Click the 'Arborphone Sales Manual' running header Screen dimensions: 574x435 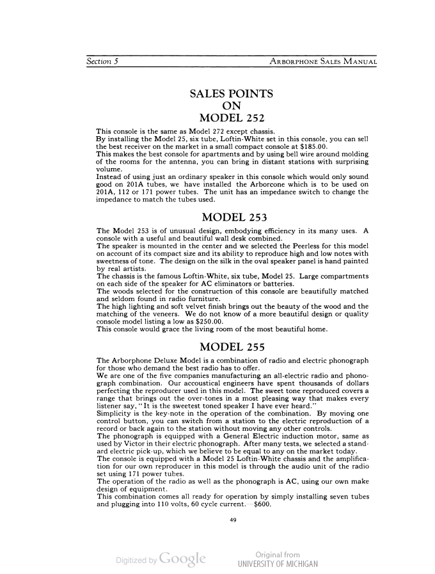tap(323, 62)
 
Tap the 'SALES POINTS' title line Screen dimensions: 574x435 tap(232, 94)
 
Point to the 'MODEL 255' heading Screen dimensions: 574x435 tap(232, 348)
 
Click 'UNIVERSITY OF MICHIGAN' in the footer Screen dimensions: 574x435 tap(277, 564)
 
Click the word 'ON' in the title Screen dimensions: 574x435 tap(232, 106)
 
